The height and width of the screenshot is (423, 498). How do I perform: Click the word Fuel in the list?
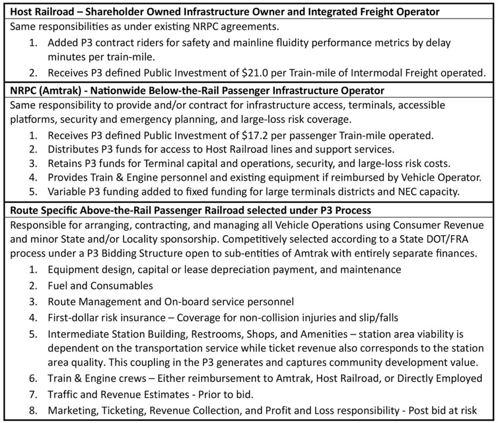[x=56, y=285]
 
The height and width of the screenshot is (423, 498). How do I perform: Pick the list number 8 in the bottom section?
[x=33, y=410]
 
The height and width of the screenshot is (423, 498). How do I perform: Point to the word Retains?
[x=64, y=163]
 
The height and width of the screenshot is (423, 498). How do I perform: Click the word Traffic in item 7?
[x=62, y=394]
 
